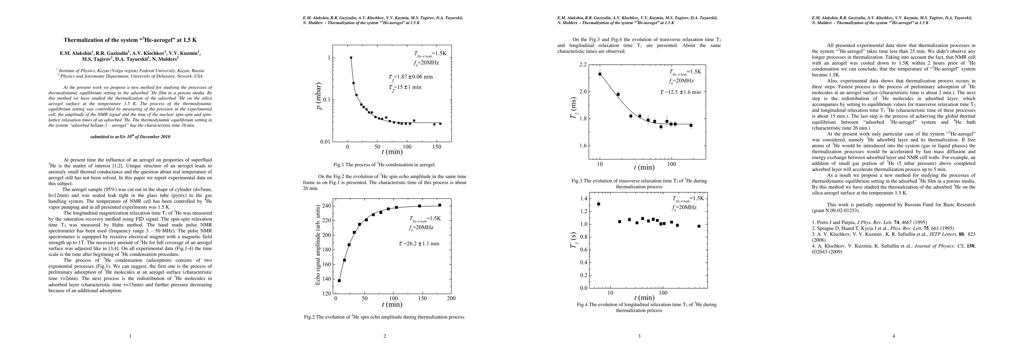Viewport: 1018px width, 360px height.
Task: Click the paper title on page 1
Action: click(131, 40)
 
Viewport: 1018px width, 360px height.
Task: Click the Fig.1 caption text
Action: click(384, 164)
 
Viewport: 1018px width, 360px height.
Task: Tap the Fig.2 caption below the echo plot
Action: click(384, 317)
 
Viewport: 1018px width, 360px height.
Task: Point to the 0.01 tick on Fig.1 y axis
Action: click(325, 142)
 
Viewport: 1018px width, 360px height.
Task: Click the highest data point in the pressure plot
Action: click(351, 58)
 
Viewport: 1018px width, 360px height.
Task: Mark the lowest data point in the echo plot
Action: click(339, 280)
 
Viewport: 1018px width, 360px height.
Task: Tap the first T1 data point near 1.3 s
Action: click(598, 204)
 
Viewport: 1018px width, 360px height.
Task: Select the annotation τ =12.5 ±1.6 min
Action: click(680, 92)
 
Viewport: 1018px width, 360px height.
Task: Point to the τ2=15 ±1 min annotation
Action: click(405, 87)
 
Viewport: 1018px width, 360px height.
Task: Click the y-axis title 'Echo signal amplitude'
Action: click(317, 246)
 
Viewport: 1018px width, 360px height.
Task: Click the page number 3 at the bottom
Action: click(639, 336)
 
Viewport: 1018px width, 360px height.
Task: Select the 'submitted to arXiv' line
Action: click(131, 137)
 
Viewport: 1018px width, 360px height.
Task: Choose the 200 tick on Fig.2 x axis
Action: click(451, 298)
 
